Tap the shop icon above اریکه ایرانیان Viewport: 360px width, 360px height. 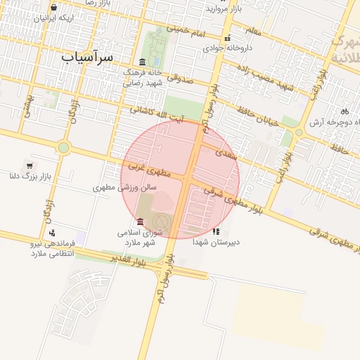pos(54,8)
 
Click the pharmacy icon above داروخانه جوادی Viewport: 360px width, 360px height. pos(227,39)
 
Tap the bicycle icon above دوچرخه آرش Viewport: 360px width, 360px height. pos(344,111)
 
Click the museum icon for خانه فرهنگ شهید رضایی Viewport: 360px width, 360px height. pos(143,62)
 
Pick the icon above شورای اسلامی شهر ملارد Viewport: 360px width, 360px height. pos(141,223)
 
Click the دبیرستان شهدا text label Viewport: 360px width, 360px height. pos(217,241)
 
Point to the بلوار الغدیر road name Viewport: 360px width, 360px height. pos(128,259)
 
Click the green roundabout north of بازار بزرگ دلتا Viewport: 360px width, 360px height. pos(64,148)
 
